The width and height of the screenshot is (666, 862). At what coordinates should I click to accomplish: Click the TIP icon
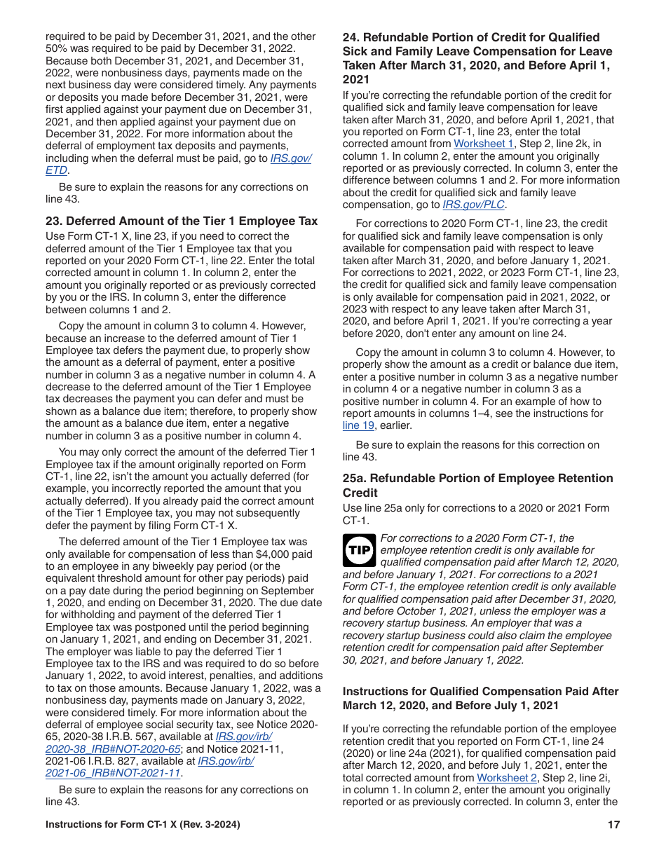360,551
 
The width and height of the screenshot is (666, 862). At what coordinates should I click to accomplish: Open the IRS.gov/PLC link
473,205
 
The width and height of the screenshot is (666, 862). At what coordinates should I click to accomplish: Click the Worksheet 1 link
484,144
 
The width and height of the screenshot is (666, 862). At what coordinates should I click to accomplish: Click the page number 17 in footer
613,825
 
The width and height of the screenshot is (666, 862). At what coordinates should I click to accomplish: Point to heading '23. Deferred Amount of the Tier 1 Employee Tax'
182,221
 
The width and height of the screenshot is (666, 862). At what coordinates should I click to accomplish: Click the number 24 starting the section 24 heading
350,37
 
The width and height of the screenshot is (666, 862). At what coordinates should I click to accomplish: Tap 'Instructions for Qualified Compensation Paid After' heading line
480,691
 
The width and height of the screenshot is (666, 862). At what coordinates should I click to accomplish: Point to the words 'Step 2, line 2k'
557,144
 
